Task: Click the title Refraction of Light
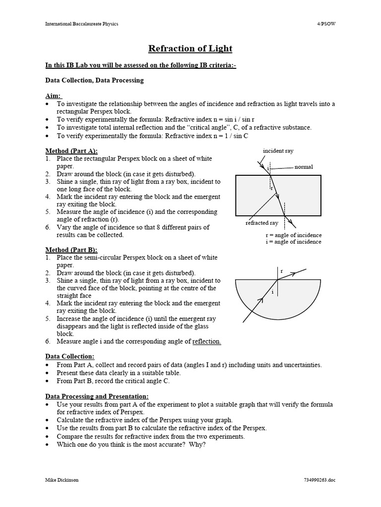coord(190,49)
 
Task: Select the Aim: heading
coord(53,96)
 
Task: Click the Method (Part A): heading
coord(71,151)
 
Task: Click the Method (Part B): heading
coord(71,250)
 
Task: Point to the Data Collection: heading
coord(69,356)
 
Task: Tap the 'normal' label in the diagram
coord(304,167)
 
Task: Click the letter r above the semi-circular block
coord(281,271)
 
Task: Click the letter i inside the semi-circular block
coord(272,292)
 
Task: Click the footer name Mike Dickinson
coord(62,480)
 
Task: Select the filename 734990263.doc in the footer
coord(319,480)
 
